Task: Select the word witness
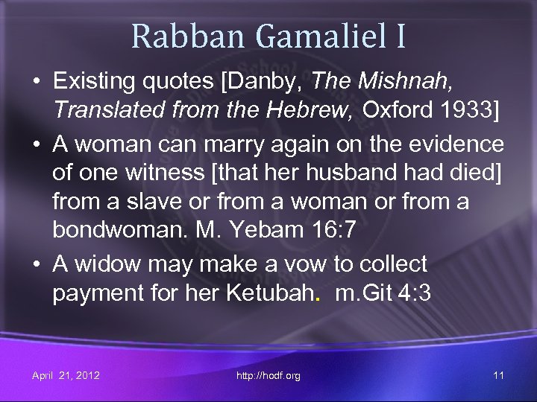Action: click(x=160, y=173)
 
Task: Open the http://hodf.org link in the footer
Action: click(x=268, y=375)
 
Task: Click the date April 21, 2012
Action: click(x=66, y=375)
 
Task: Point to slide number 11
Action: click(x=498, y=375)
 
